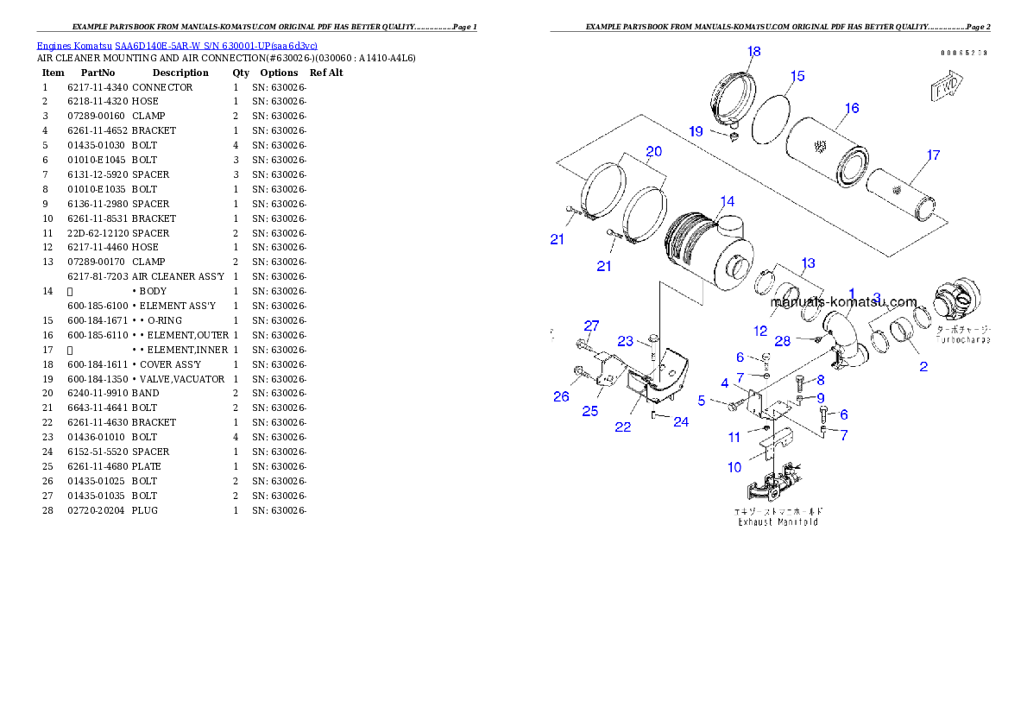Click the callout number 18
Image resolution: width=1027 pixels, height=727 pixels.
[x=753, y=52]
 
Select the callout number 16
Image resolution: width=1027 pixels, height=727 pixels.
[x=851, y=109]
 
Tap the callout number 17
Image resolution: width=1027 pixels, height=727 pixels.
[x=933, y=155]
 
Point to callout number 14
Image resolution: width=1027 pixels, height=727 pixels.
[x=727, y=201]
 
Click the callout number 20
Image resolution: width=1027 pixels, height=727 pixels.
[x=653, y=152]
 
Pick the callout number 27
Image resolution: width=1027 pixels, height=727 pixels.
[x=590, y=326]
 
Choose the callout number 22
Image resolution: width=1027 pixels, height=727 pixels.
[x=622, y=427]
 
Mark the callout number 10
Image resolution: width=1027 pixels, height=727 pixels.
[x=734, y=468]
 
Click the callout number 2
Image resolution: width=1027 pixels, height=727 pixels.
[x=923, y=367]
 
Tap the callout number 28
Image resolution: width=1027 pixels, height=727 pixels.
[x=782, y=341]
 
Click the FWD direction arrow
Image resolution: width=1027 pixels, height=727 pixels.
[x=948, y=87]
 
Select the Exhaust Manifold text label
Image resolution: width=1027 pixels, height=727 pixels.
[x=778, y=522]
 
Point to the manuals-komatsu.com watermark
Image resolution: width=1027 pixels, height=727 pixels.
[x=843, y=301]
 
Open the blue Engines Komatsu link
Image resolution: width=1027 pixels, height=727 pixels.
[x=177, y=45]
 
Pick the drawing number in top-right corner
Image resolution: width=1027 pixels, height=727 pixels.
[x=964, y=53]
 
